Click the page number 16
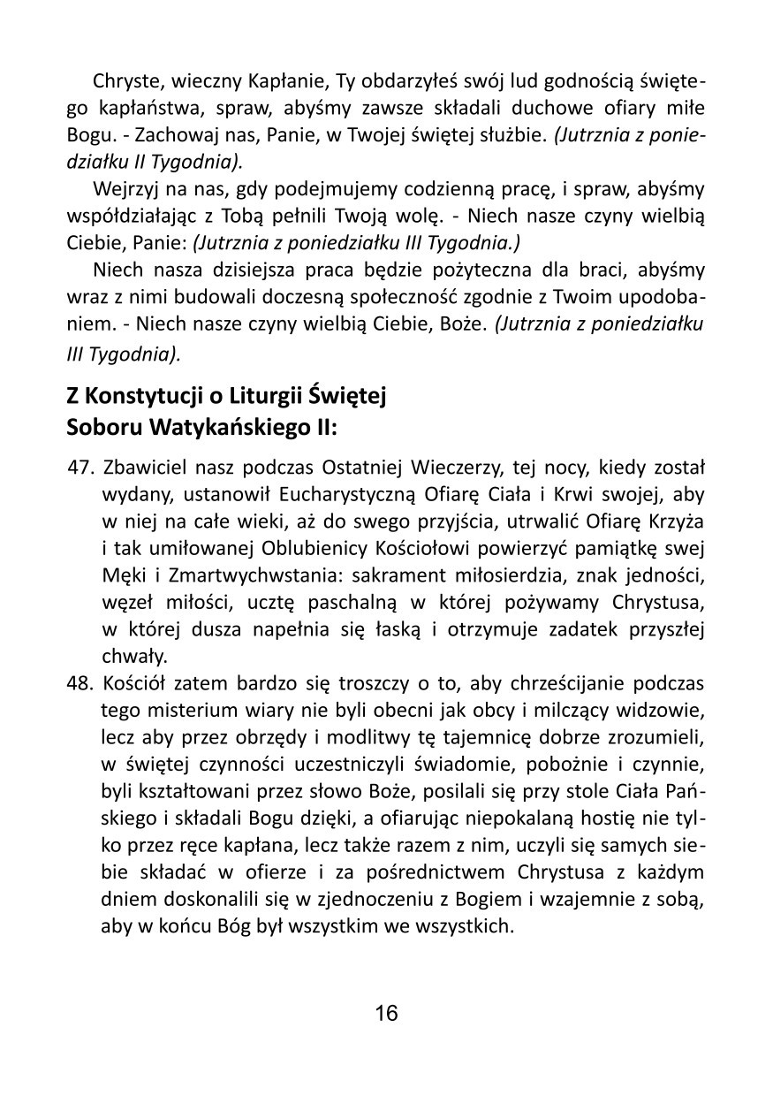[386, 1013]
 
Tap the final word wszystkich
[470, 928]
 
